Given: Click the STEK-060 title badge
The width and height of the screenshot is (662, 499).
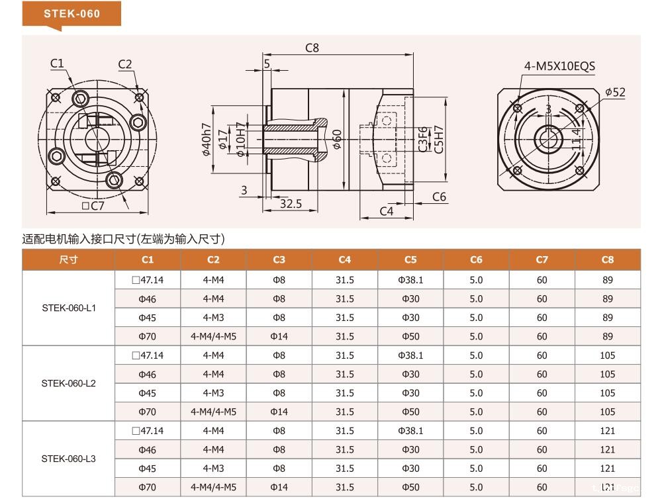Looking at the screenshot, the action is pyautogui.click(x=71, y=14).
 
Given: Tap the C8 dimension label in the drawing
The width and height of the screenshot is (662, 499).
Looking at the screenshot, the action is pyautogui.click(x=312, y=48).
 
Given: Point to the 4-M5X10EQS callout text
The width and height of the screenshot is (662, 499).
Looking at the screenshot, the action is pyautogui.click(x=559, y=66).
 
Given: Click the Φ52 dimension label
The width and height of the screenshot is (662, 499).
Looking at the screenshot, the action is pyautogui.click(x=615, y=92).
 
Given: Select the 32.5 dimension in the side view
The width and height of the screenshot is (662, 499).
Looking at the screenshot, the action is pyautogui.click(x=291, y=204).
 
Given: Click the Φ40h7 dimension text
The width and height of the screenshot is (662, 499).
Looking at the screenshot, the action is pyautogui.click(x=206, y=140).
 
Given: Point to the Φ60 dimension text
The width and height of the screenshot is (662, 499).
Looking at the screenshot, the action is pyautogui.click(x=336, y=140).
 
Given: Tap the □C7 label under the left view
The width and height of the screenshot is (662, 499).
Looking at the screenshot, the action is pyautogui.click(x=93, y=206).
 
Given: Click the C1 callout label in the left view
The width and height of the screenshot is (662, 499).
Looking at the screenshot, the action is pyautogui.click(x=57, y=64).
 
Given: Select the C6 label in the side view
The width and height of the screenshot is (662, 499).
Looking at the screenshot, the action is pyautogui.click(x=439, y=197).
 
